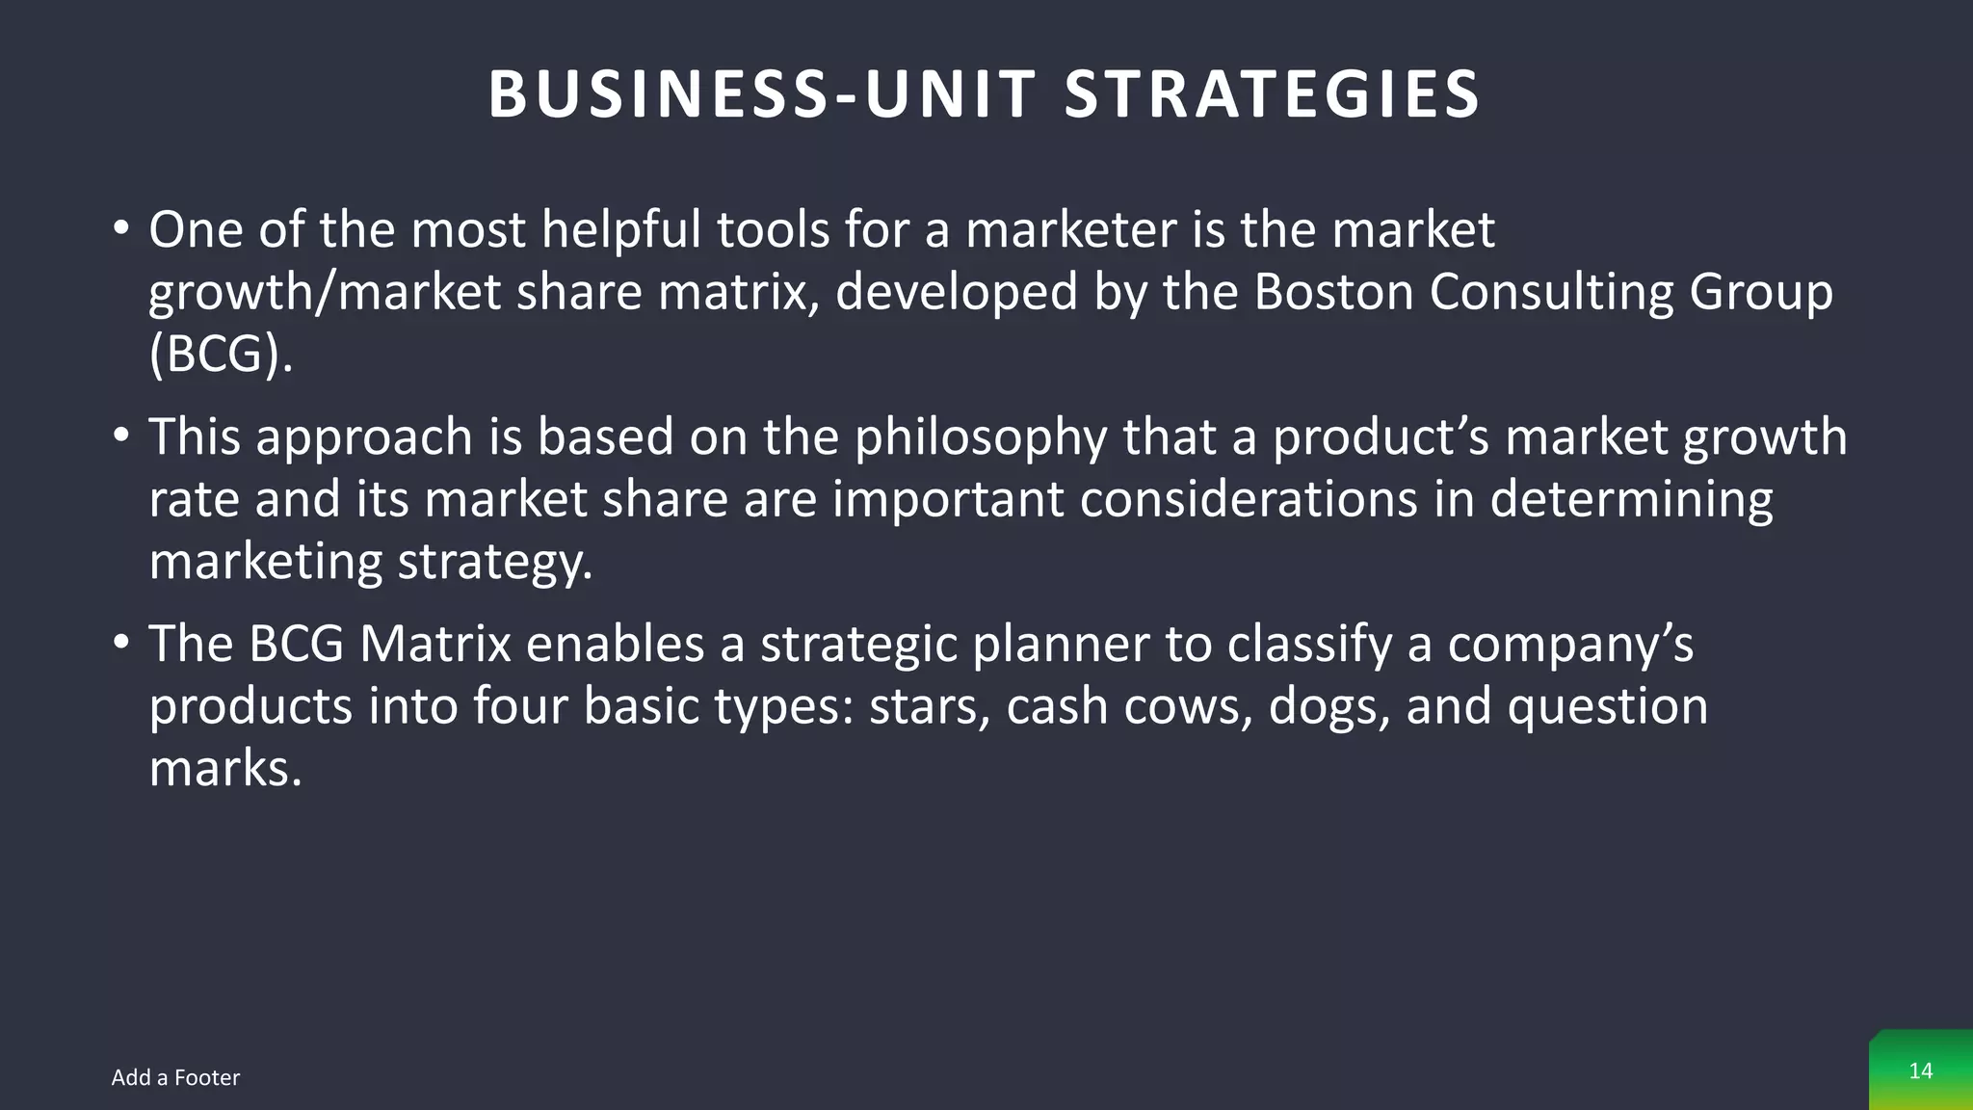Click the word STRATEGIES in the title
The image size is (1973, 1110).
1272,94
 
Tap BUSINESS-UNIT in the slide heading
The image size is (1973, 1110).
762,94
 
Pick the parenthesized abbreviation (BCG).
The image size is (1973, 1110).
221,354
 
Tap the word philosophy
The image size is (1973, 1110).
982,436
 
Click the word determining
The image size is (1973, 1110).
1631,499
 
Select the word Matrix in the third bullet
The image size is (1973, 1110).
434,644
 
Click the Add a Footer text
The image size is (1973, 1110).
175,1077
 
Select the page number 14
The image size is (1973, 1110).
1920,1070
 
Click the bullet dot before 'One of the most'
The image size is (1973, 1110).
120,230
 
